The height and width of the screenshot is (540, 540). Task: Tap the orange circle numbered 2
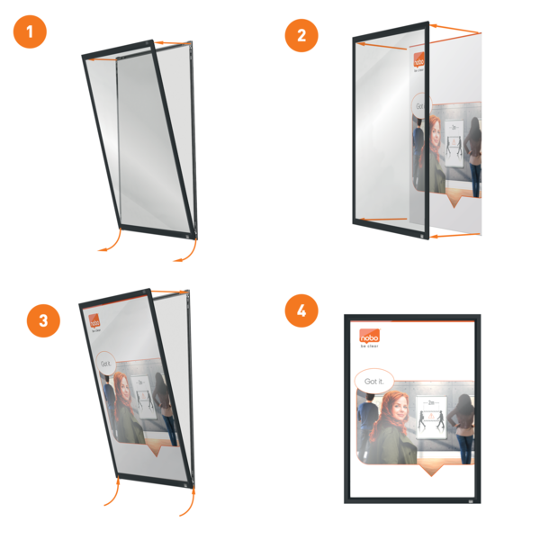tap(301, 36)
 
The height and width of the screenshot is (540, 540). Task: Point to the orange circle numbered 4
tap(301, 312)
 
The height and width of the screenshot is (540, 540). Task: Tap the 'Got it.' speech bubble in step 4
tap(373, 382)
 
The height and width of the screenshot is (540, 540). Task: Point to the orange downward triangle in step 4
tap(436, 474)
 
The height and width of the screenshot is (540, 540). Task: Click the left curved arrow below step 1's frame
tap(110, 242)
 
